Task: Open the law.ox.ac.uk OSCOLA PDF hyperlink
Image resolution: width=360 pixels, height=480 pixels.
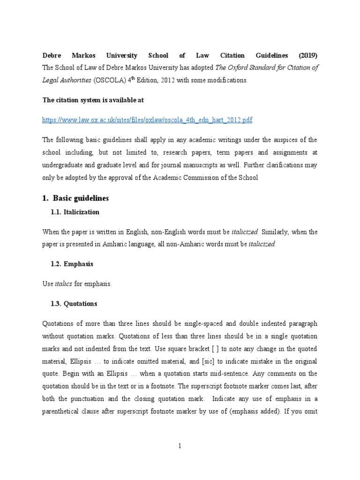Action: click(147, 120)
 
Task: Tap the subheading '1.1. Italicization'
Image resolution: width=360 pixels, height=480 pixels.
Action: click(75, 212)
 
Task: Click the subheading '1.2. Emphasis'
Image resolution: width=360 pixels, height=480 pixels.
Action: click(72, 264)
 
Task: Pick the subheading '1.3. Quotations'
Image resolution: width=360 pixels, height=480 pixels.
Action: click(74, 304)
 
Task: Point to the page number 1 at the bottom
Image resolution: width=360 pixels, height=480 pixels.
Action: click(180, 446)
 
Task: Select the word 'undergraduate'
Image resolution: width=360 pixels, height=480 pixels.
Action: click(63, 165)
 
